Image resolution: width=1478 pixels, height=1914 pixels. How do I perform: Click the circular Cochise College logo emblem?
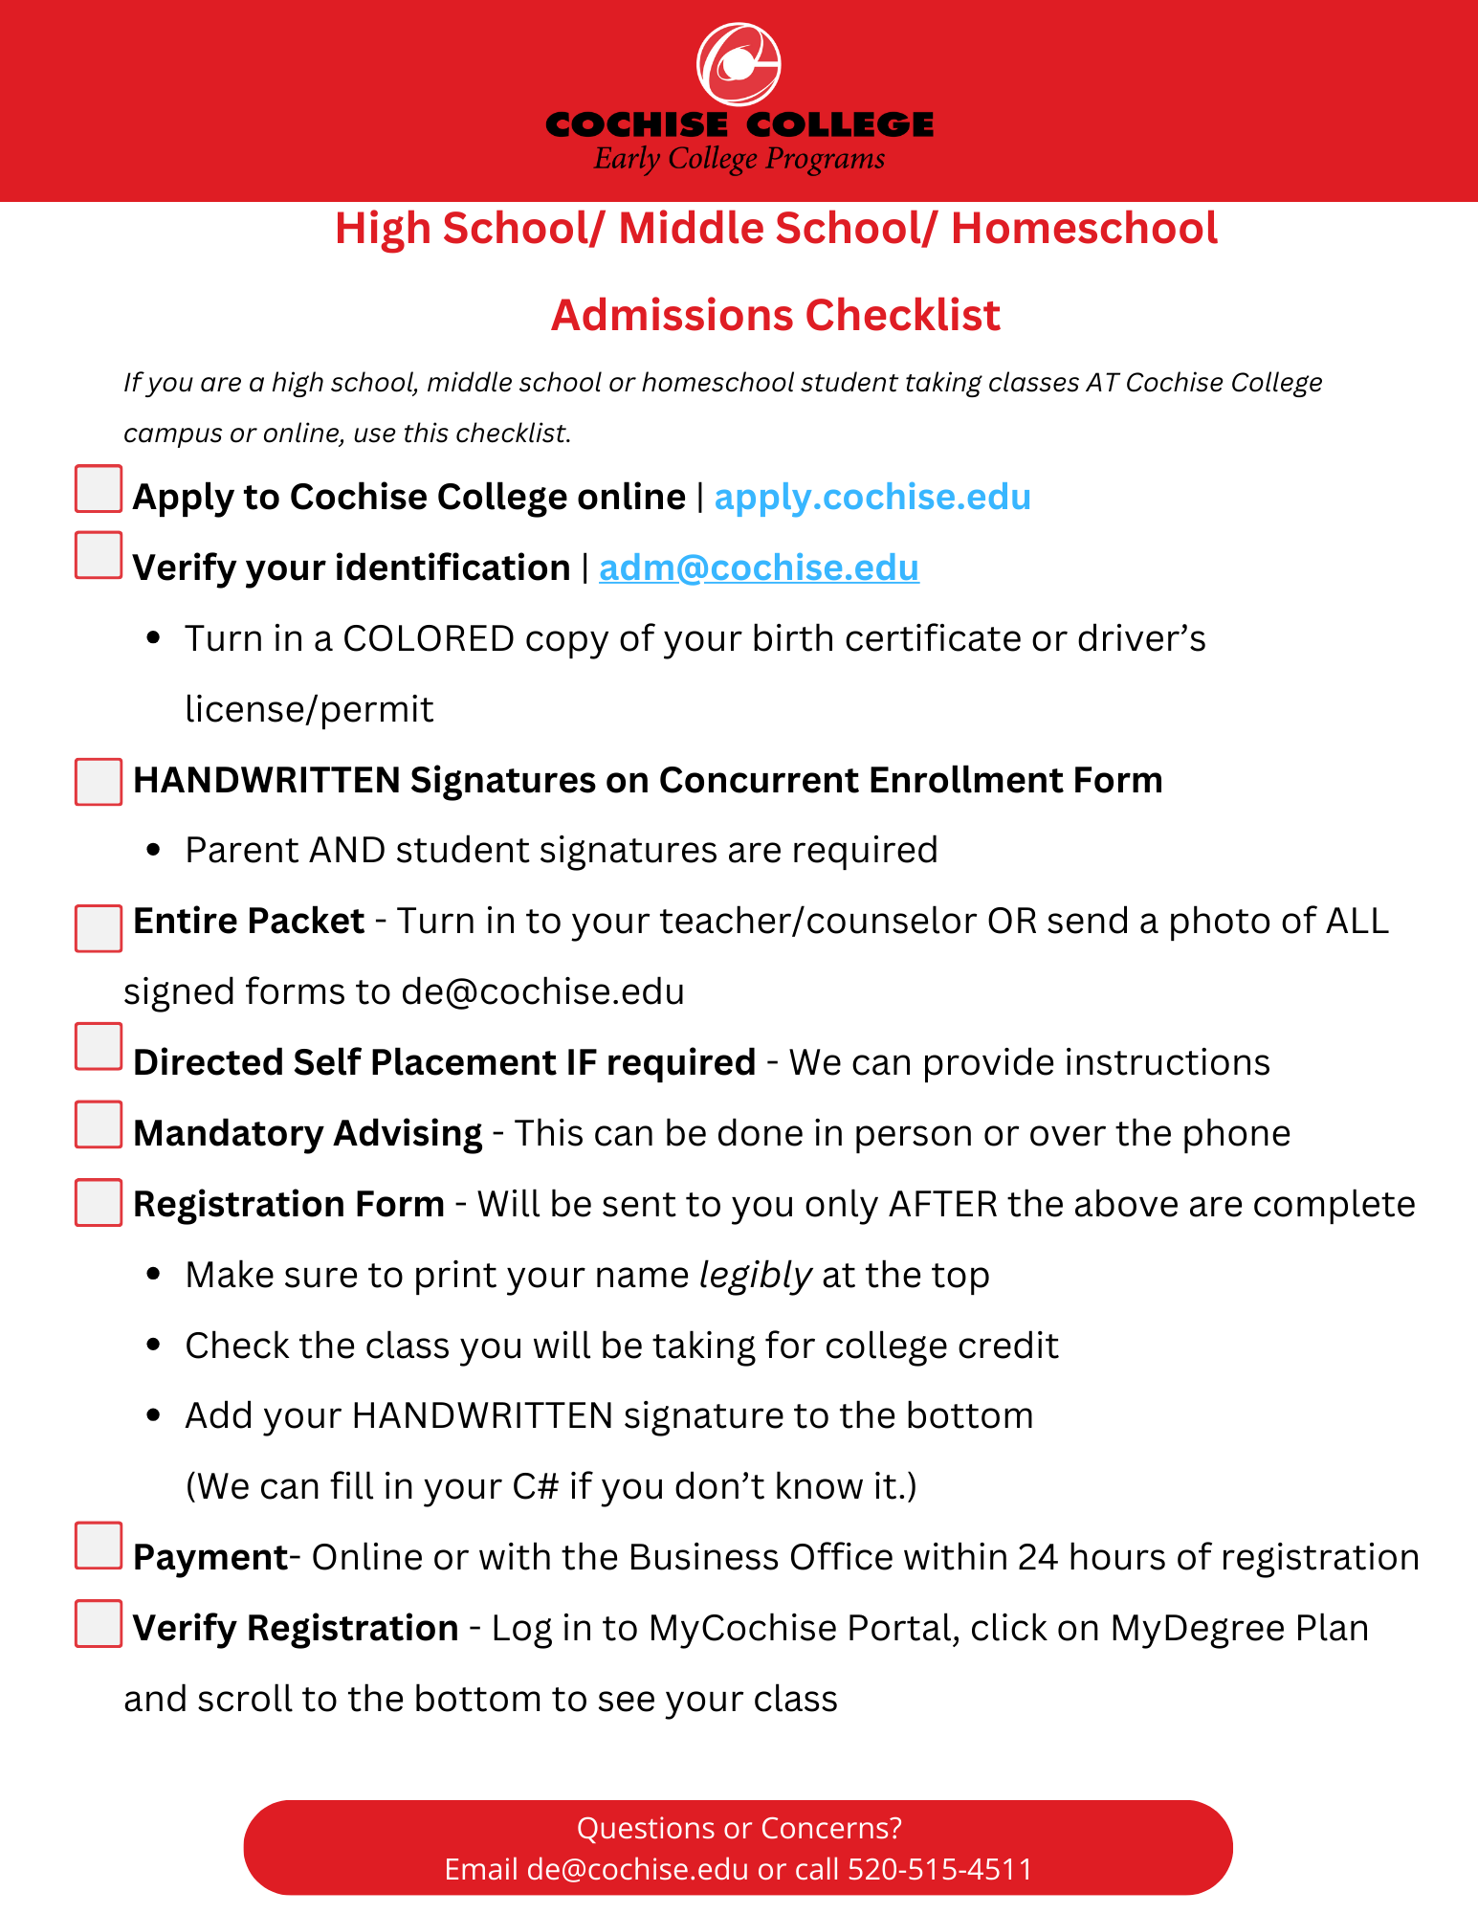[739, 64]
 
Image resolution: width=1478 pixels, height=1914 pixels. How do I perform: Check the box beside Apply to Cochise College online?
[99, 489]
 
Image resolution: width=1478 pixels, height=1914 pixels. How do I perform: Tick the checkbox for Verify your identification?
[99, 556]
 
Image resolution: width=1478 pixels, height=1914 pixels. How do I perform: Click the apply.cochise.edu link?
[872, 497]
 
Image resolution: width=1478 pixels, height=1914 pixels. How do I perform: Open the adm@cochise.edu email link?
[759, 568]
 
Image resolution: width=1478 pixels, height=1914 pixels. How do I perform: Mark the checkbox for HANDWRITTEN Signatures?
[99, 782]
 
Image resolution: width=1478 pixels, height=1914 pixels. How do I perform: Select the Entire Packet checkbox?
[99, 928]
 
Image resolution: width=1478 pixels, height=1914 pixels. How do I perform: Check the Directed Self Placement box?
[99, 1046]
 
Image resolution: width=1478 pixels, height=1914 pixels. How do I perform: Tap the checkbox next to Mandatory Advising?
[99, 1124]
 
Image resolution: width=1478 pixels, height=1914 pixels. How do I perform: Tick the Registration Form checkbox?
[99, 1203]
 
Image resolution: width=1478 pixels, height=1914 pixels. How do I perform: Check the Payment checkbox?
[99, 1546]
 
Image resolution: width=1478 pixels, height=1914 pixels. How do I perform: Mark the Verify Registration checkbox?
[99, 1624]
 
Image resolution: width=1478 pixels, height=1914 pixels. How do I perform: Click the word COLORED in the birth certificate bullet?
[429, 638]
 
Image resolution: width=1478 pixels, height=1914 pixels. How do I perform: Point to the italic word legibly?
[755, 1275]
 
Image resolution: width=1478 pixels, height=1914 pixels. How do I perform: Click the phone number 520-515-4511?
[940, 1869]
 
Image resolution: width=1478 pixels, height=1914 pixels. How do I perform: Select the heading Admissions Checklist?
[776, 315]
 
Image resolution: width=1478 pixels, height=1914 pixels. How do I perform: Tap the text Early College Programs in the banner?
[739, 159]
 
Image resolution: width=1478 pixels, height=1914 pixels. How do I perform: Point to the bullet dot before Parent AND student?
[154, 851]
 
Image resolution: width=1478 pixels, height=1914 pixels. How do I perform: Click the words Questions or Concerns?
[739, 1828]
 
